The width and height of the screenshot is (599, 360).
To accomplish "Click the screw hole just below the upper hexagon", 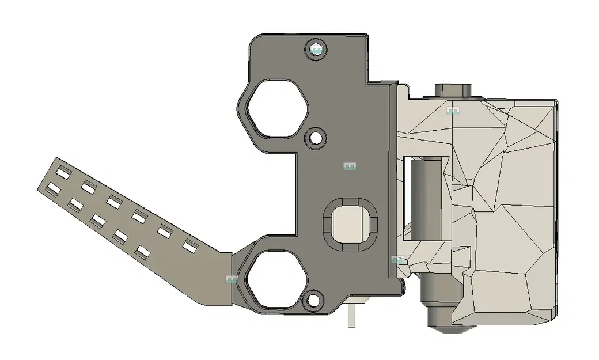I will tap(315, 138).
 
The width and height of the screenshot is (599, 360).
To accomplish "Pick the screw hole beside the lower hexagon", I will tap(313, 300).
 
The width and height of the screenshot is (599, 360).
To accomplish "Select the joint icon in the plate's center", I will tap(348, 166).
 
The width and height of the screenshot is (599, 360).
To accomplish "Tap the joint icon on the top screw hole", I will tap(315, 52).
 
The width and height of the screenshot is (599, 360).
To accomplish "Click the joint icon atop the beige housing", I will tap(454, 110).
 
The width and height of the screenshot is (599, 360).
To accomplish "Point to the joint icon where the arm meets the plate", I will tap(232, 280).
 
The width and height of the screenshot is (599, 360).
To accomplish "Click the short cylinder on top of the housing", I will tap(453, 90).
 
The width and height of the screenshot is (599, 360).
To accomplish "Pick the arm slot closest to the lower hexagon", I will tap(190, 247).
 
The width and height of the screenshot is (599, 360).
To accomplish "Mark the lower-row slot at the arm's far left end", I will tap(54, 188).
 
